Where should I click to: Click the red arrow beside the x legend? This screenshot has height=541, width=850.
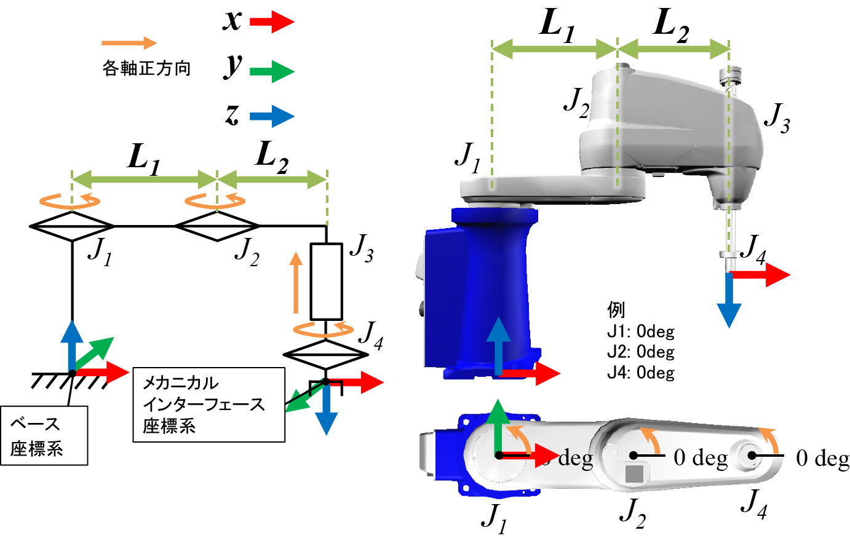coord(272,22)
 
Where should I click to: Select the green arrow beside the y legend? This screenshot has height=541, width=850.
coord(272,71)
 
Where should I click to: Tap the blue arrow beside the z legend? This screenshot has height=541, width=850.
coord(272,116)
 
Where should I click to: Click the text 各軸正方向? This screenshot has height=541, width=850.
coord(146,68)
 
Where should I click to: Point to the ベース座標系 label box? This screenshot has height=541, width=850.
coord(44,436)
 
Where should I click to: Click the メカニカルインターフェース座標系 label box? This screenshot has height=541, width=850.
coord(209,405)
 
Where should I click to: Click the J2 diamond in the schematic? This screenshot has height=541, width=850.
coord(217,226)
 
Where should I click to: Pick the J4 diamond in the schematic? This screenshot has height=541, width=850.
coord(325,355)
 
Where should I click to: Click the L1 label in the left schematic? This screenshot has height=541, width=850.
coord(144,159)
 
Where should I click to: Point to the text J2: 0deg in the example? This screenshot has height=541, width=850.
coord(640,352)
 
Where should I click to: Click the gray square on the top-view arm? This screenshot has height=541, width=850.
coord(635,473)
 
